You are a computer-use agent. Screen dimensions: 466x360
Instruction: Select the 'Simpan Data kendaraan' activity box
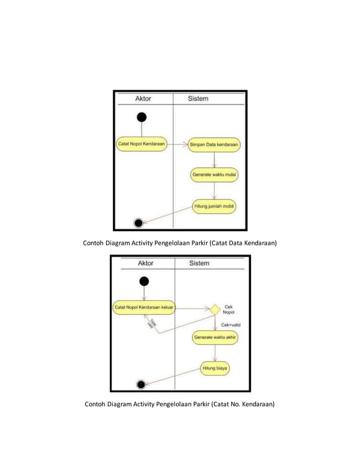tap(214, 144)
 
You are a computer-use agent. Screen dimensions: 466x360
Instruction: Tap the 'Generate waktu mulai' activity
tap(214, 175)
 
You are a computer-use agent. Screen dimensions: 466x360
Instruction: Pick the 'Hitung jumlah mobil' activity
tap(214, 206)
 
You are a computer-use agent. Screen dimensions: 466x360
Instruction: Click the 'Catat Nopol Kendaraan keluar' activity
tap(144, 308)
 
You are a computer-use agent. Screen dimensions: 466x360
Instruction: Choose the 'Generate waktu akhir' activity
tap(215, 338)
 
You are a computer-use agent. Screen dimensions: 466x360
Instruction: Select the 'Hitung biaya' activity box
tap(215, 369)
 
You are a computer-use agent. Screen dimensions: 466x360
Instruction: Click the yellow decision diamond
tap(214, 309)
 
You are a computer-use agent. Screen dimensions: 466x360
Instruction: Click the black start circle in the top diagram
tap(142, 117)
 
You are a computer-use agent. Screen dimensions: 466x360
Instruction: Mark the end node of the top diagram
tap(138, 222)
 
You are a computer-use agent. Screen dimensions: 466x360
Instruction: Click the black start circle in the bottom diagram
tap(144, 281)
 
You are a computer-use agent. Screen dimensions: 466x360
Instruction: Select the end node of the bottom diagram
tap(141, 384)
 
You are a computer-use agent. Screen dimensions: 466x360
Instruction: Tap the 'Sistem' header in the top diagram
tap(197, 98)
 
